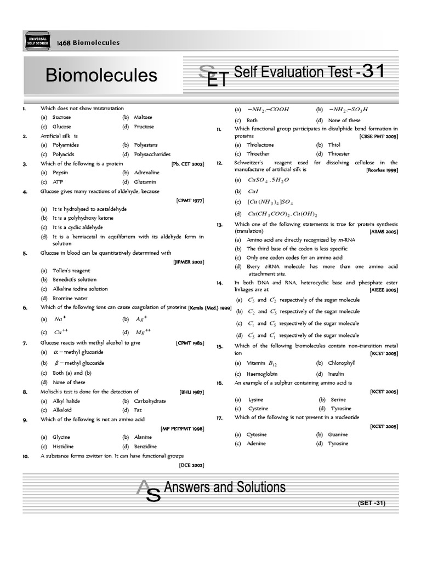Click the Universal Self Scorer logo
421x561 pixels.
click(x=36, y=42)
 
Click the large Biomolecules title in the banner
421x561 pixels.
click(x=101, y=75)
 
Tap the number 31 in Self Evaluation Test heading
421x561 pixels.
click(x=378, y=72)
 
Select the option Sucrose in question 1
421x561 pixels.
click(x=61, y=117)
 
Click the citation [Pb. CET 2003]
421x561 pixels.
click(x=187, y=164)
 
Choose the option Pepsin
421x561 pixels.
click(x=60, y=173)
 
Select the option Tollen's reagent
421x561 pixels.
click(x=71, y=271)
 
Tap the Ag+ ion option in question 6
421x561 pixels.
click(x=141, y=319)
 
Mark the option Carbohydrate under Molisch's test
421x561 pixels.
click(x=150, y=401)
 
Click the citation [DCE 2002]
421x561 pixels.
click(x=191, y=465)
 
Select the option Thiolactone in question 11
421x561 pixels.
click(x=260, y=145)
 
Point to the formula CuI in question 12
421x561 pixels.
click(x=253, y=191)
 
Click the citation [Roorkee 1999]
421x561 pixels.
click(x=382, y=170)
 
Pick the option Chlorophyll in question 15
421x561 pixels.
click(x=342, y=363)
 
